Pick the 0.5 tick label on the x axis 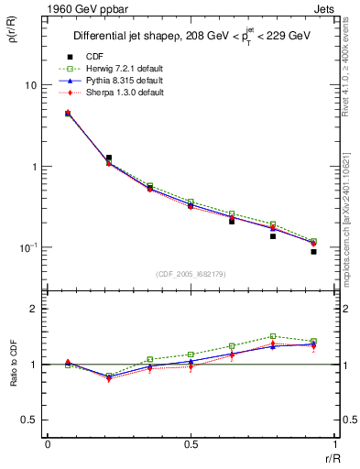(191, 445)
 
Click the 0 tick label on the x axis (48, 445)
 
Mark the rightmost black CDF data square (313, 252)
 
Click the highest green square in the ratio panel (273, 336)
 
